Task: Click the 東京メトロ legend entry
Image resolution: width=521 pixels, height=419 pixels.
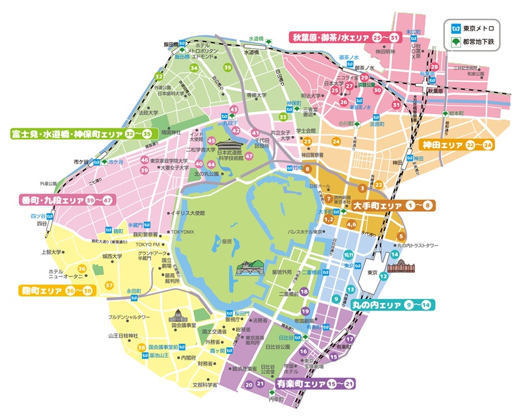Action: click(477, 29)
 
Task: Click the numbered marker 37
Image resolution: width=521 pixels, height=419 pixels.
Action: click(109, 285)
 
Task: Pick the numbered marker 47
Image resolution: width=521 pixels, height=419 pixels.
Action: click(249, 165)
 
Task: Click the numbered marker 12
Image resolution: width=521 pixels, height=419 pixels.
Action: click(384, 277)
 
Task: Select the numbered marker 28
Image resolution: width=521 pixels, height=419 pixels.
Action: click(434, 68)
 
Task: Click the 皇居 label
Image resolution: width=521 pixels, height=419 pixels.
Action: click(227, 240)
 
